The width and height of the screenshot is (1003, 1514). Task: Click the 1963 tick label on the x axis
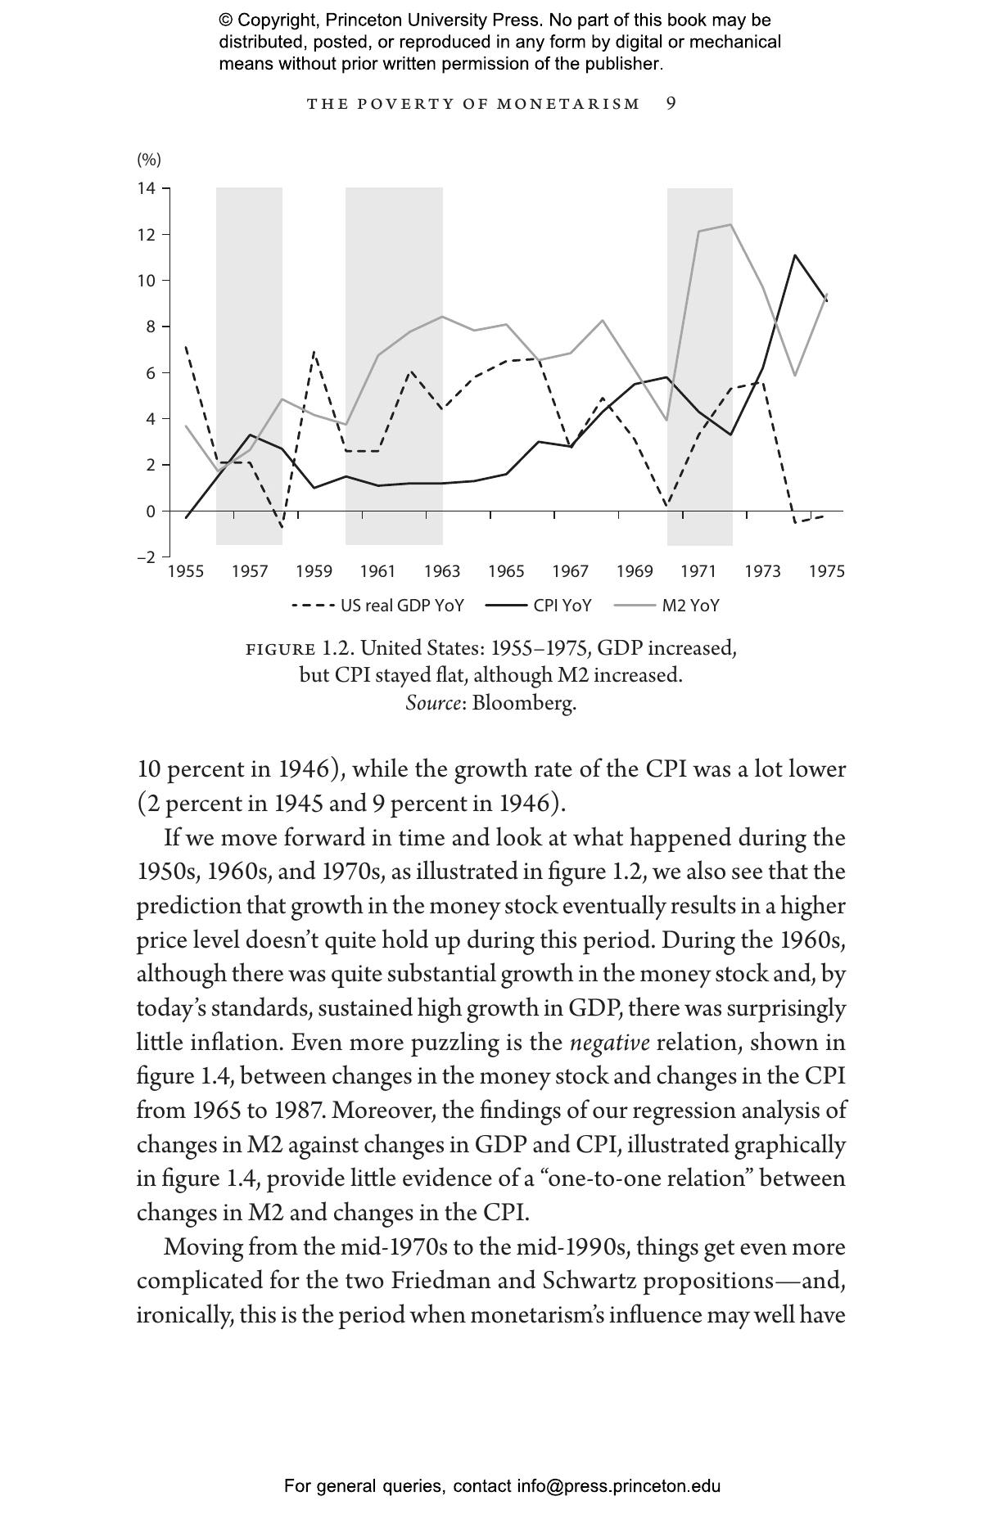[442, 571]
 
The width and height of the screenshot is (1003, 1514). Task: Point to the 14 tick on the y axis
[147, 188]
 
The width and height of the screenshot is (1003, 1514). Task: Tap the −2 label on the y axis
[146, 557]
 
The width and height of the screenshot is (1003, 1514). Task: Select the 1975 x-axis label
[826, 571]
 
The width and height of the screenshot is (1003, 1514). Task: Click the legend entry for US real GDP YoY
[378, 606]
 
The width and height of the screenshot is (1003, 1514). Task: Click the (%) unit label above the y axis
[148, 159]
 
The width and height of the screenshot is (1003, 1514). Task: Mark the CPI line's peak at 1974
[794, 255]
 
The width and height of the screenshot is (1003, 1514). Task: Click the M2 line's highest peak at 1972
[730, 224]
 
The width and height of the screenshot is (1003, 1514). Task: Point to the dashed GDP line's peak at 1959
[314, 352]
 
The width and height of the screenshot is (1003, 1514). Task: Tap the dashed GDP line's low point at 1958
[282, 526]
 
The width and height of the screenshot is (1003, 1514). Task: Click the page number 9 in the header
[671, 103]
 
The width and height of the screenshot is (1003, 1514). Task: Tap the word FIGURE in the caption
[281, 649]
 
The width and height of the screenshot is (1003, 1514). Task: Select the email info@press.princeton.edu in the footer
[618, 1486]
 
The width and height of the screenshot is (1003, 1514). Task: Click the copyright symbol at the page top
[225, 20]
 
